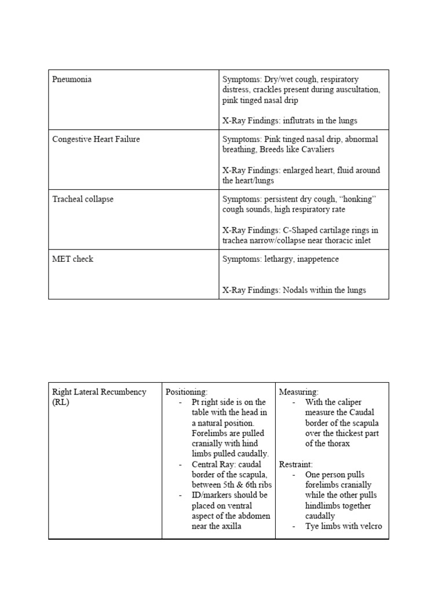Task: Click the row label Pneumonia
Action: [72, 79]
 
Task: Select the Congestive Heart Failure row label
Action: [96, 139]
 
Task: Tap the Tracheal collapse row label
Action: [83, 199]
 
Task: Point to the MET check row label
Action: [72, 259]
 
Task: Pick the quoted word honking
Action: [358, 199]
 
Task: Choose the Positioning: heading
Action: [187, 392]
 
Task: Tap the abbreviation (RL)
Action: [60, 402]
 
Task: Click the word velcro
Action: [368, 526]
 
